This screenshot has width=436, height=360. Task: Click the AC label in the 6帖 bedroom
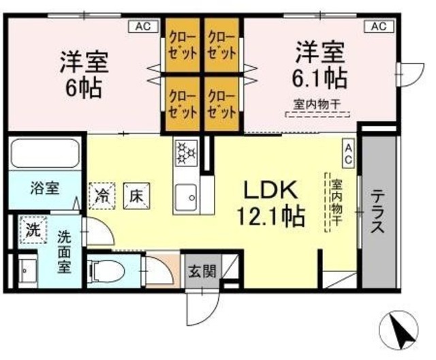click(142, 27)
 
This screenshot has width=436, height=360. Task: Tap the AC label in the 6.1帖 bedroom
click(379, 27)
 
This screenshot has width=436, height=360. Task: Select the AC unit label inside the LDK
click(347, 151)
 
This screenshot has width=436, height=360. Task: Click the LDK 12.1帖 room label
click(269, 203)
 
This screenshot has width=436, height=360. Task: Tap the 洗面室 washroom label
click(65, 252)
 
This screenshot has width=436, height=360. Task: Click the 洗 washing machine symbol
click(32, 229)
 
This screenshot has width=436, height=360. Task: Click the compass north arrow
click(397, 332)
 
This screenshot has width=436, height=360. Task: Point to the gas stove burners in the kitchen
click(185, 153)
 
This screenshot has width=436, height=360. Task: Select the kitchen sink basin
click(185, 198)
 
